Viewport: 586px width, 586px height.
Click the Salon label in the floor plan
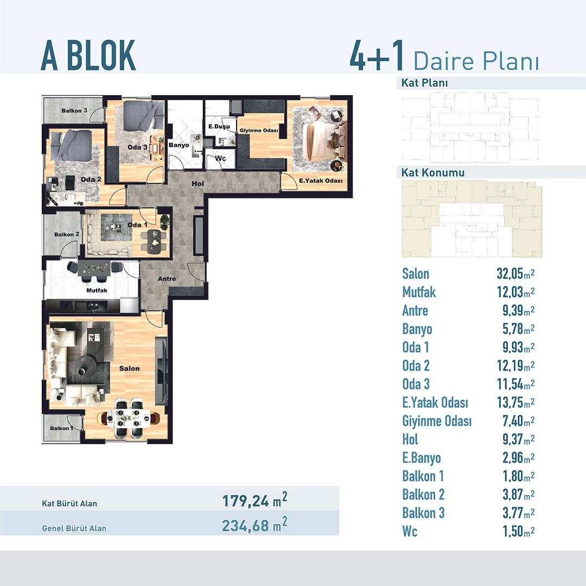(x=129, y=368)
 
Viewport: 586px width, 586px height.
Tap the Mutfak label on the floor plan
(x=97, y=290)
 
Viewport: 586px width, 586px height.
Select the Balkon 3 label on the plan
(x=74, y=111)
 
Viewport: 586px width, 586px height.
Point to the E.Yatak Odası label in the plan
(x=321, y=181)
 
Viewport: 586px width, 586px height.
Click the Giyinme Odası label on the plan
(x=259, y=130)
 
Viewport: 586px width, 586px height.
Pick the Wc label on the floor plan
(x=220, y=158)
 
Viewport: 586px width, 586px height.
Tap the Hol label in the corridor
(x=198, y=183)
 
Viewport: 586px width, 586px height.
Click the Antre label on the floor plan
(x=167, y=279)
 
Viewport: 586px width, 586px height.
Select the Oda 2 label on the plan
(x=91, y=180)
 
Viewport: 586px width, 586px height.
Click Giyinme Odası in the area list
(x=437, y=421)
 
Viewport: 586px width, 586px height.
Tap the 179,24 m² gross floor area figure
(x=255, y=500)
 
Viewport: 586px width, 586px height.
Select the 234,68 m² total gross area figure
(x=255, y=525)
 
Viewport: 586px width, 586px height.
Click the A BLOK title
(x=88, y=56)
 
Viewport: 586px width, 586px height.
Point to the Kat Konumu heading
(x=433, y=173)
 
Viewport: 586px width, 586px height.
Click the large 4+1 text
(x=377, y=56)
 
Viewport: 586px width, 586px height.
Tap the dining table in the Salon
(x=129, y=418)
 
